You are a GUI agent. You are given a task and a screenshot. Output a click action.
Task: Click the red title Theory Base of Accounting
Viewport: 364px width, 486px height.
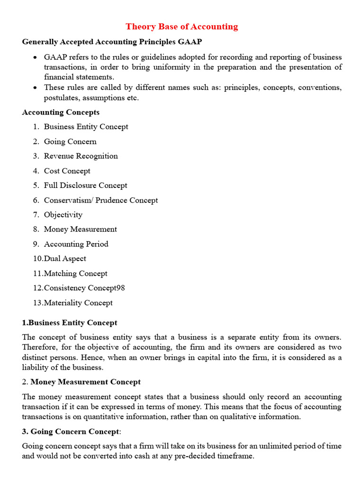[182, 27]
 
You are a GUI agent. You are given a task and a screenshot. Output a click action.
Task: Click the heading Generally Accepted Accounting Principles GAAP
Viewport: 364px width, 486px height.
[112, 42]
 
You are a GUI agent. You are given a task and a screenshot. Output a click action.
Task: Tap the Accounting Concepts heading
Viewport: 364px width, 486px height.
[61, 112]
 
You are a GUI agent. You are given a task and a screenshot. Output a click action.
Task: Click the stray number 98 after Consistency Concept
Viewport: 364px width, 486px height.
[120, 288]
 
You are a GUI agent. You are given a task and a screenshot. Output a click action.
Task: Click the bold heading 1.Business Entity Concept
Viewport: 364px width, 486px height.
[70, 323]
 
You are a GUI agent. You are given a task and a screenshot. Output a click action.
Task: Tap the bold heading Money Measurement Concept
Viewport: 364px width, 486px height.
[85, 382]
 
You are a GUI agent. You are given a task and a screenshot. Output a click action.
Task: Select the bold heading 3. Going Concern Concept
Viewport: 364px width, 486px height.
[71, 431]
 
